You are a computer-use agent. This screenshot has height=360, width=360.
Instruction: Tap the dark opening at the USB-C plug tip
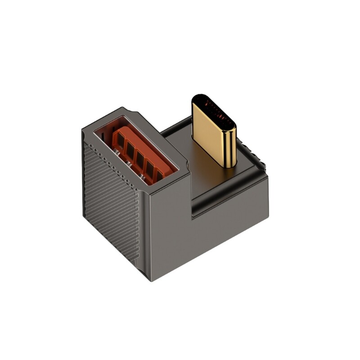(x=213, y=110)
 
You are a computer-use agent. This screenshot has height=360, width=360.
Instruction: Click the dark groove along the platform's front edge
(x=225, y=189)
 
